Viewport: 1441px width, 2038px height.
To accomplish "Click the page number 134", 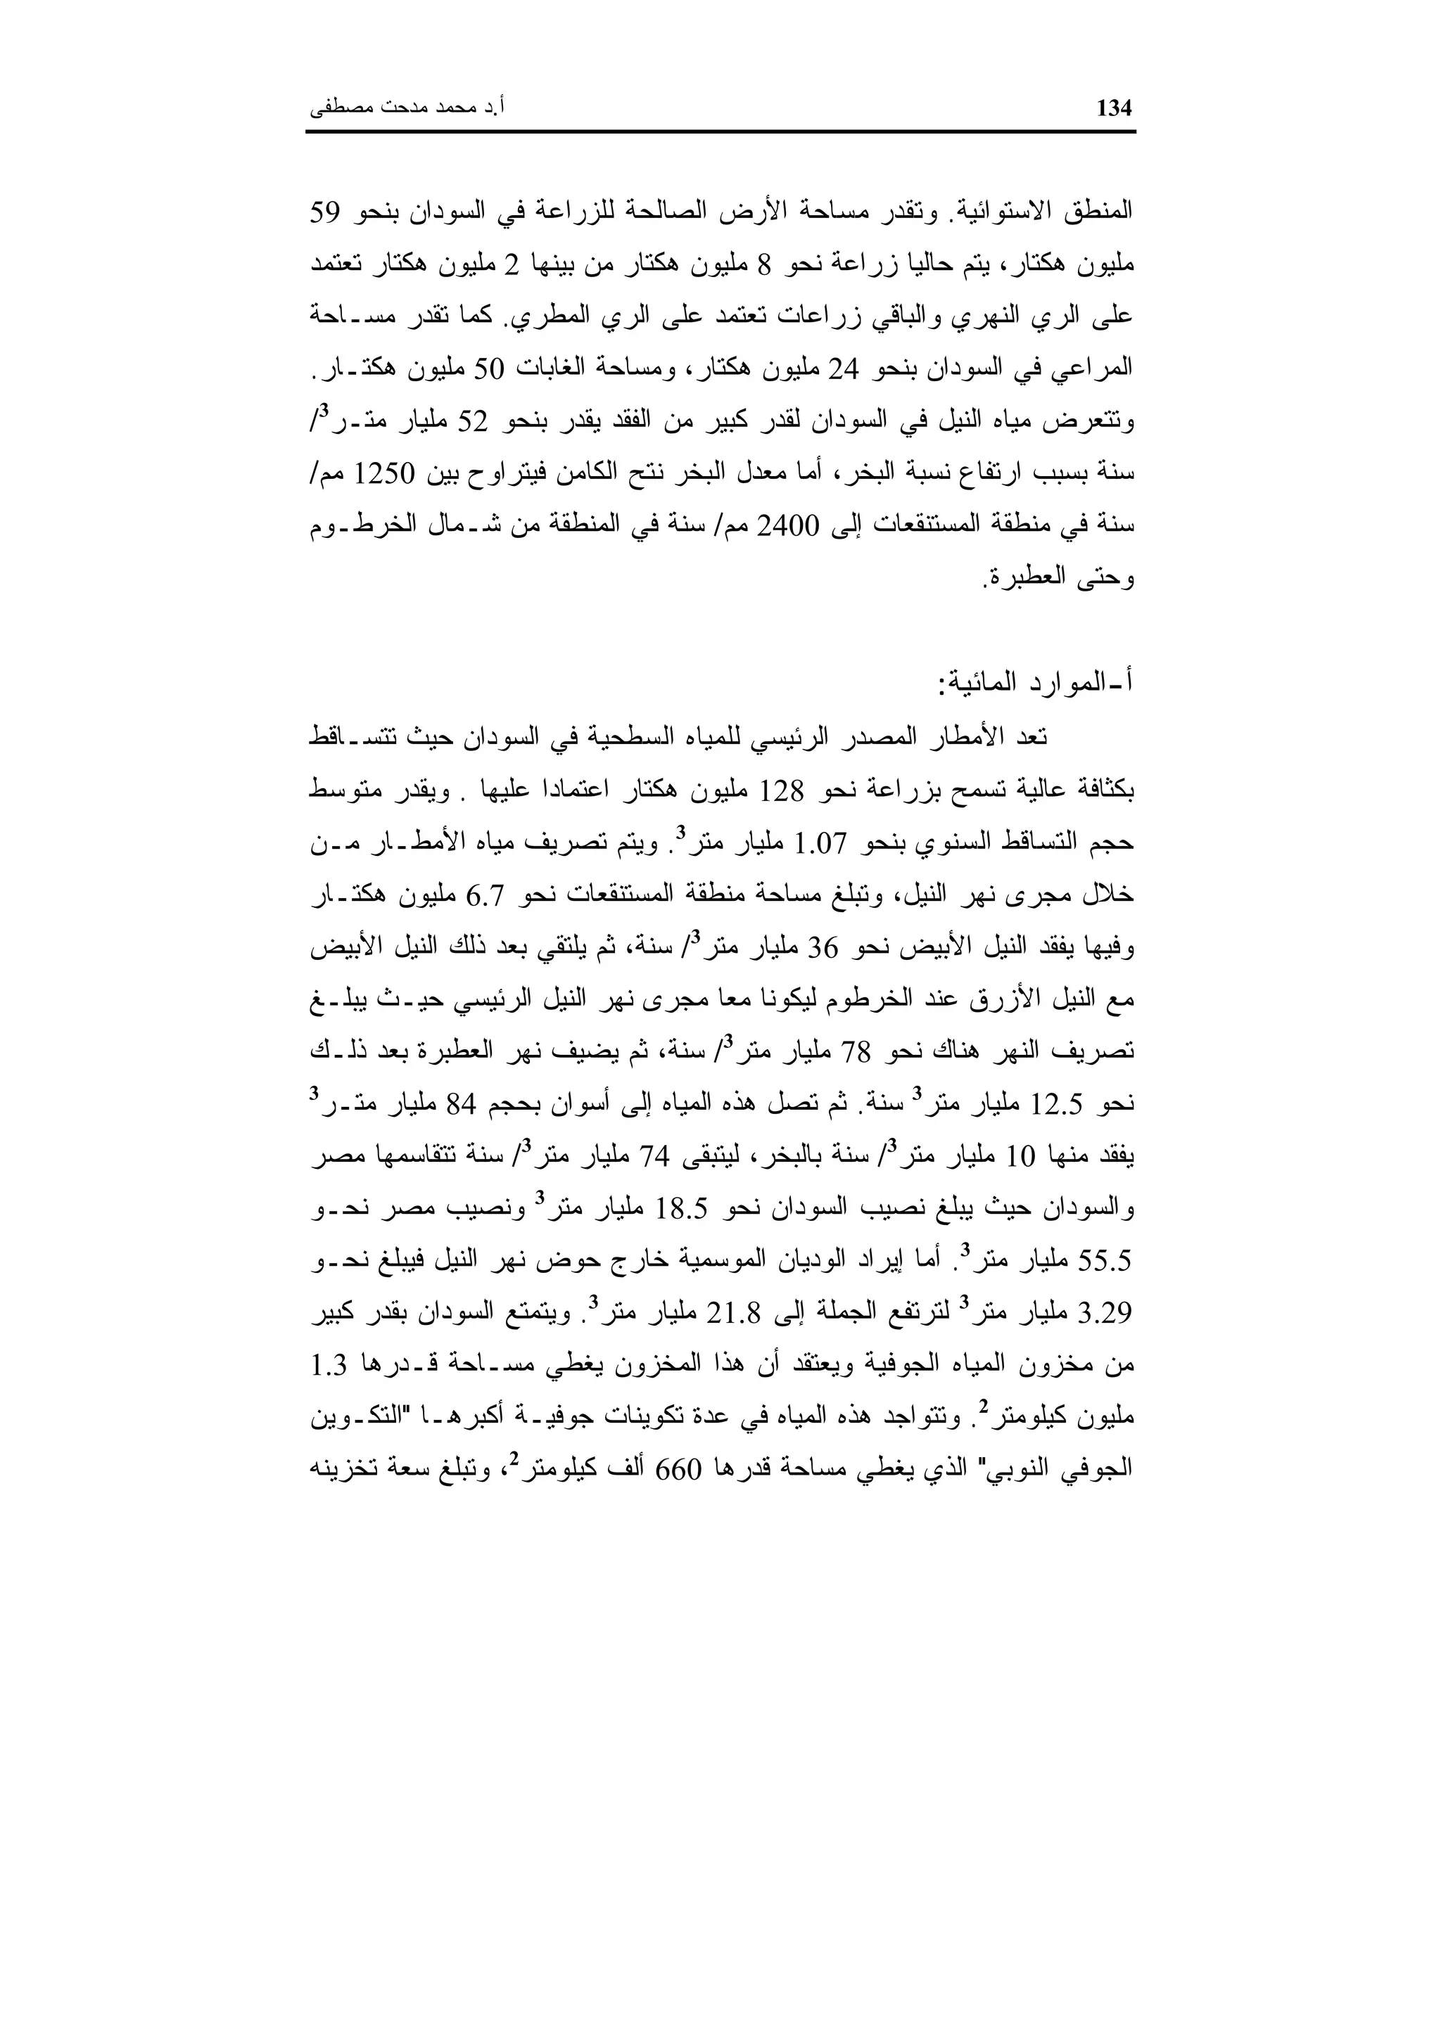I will click(1116, 109).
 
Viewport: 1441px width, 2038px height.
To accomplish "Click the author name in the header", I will click(407, 109).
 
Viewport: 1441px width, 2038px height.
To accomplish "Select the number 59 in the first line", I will click(326, 212).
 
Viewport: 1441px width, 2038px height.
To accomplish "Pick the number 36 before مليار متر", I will click(814, 948).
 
